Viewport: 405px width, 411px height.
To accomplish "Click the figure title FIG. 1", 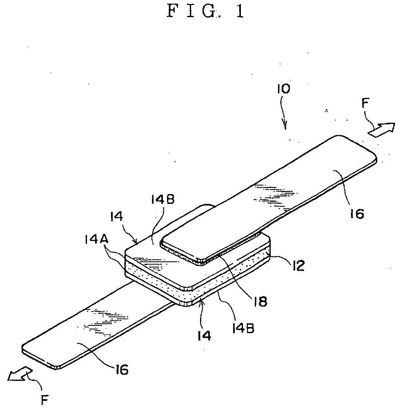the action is pos(206,11).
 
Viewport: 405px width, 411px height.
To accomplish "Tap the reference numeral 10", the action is pos(283,89).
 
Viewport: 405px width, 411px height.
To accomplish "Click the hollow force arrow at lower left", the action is pos(20,374).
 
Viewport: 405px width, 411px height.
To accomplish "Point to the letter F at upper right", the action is pos(365,103).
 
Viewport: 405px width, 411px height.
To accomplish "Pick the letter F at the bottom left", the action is pos(45,400).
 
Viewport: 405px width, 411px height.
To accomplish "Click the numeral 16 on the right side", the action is pos(357,214).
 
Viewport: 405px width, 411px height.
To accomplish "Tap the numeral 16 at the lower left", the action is pos(121,369).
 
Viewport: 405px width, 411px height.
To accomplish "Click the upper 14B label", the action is pos(163,200).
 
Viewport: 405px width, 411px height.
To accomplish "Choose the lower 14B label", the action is pos(243,328).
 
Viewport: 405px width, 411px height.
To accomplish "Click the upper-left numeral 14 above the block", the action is pos(116,217).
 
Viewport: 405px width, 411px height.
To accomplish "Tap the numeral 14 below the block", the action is pos(204,336).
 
